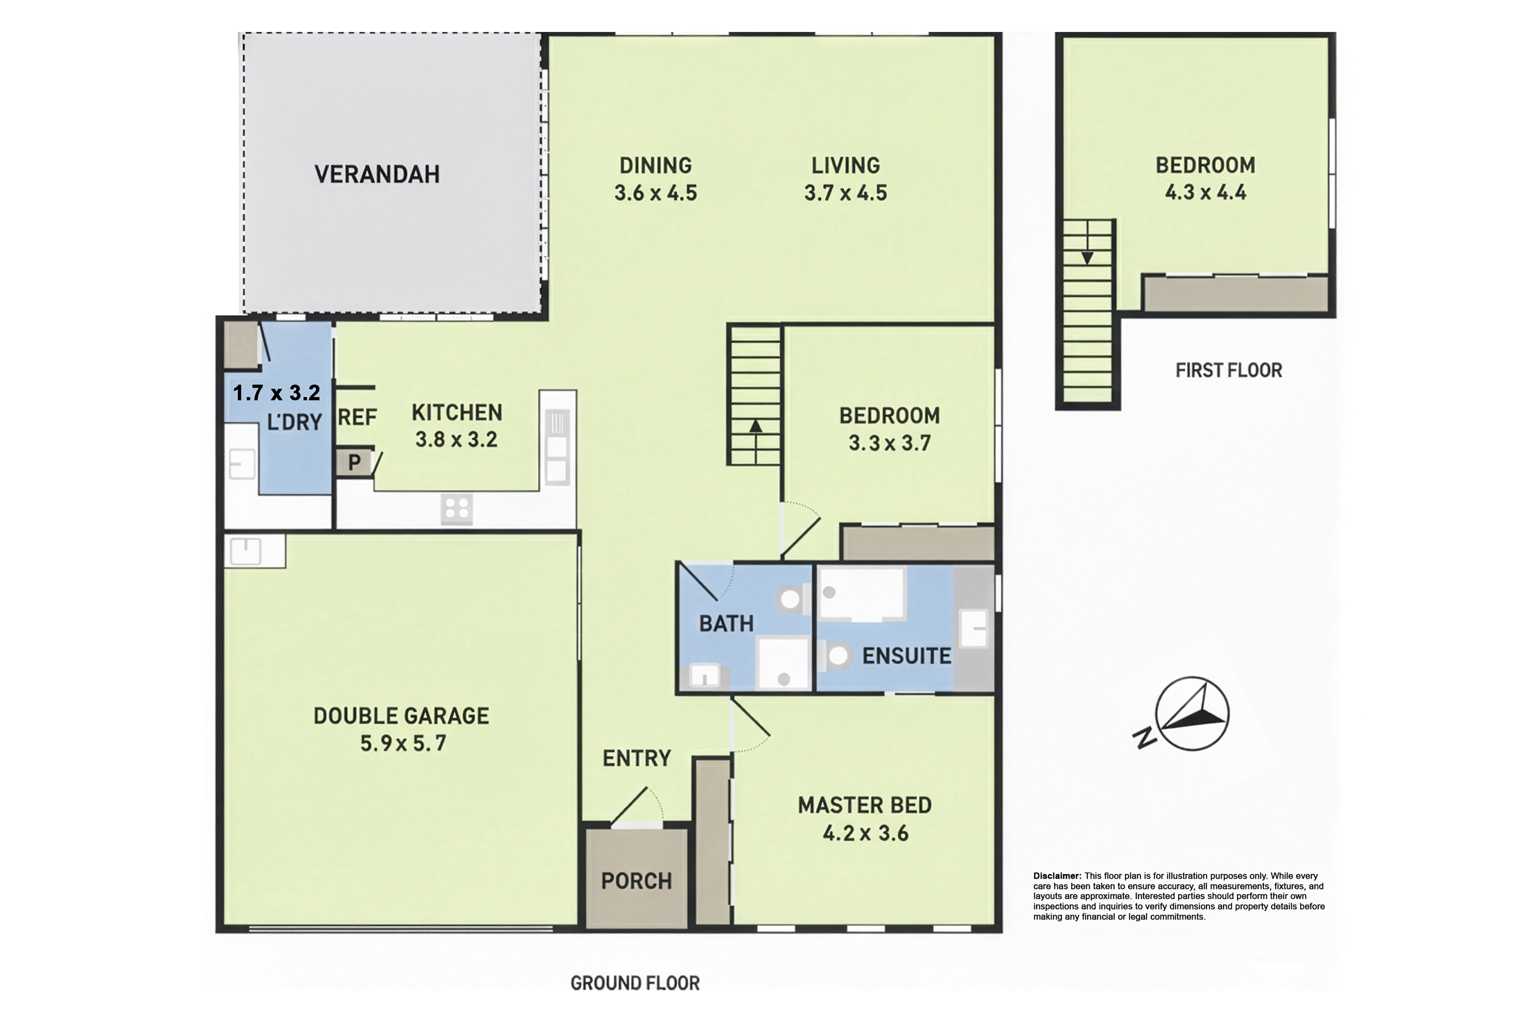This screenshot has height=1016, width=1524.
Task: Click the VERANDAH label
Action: click(377, 174)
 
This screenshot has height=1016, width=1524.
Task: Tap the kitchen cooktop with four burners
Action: click(457, 509)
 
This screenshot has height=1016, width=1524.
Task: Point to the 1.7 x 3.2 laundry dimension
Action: click(277, 393)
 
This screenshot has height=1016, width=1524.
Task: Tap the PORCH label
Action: click(636, 881)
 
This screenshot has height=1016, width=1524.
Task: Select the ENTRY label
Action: click(636, 758)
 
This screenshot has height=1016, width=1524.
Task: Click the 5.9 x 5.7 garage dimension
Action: click(403, 743)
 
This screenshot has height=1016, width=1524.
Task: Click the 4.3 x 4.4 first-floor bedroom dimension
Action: click(1205, 192)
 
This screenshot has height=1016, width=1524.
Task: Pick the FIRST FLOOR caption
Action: click(1229, 371)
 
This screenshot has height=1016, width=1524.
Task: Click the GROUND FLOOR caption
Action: click(635, 984)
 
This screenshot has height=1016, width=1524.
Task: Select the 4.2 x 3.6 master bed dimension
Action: click(866, 833)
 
